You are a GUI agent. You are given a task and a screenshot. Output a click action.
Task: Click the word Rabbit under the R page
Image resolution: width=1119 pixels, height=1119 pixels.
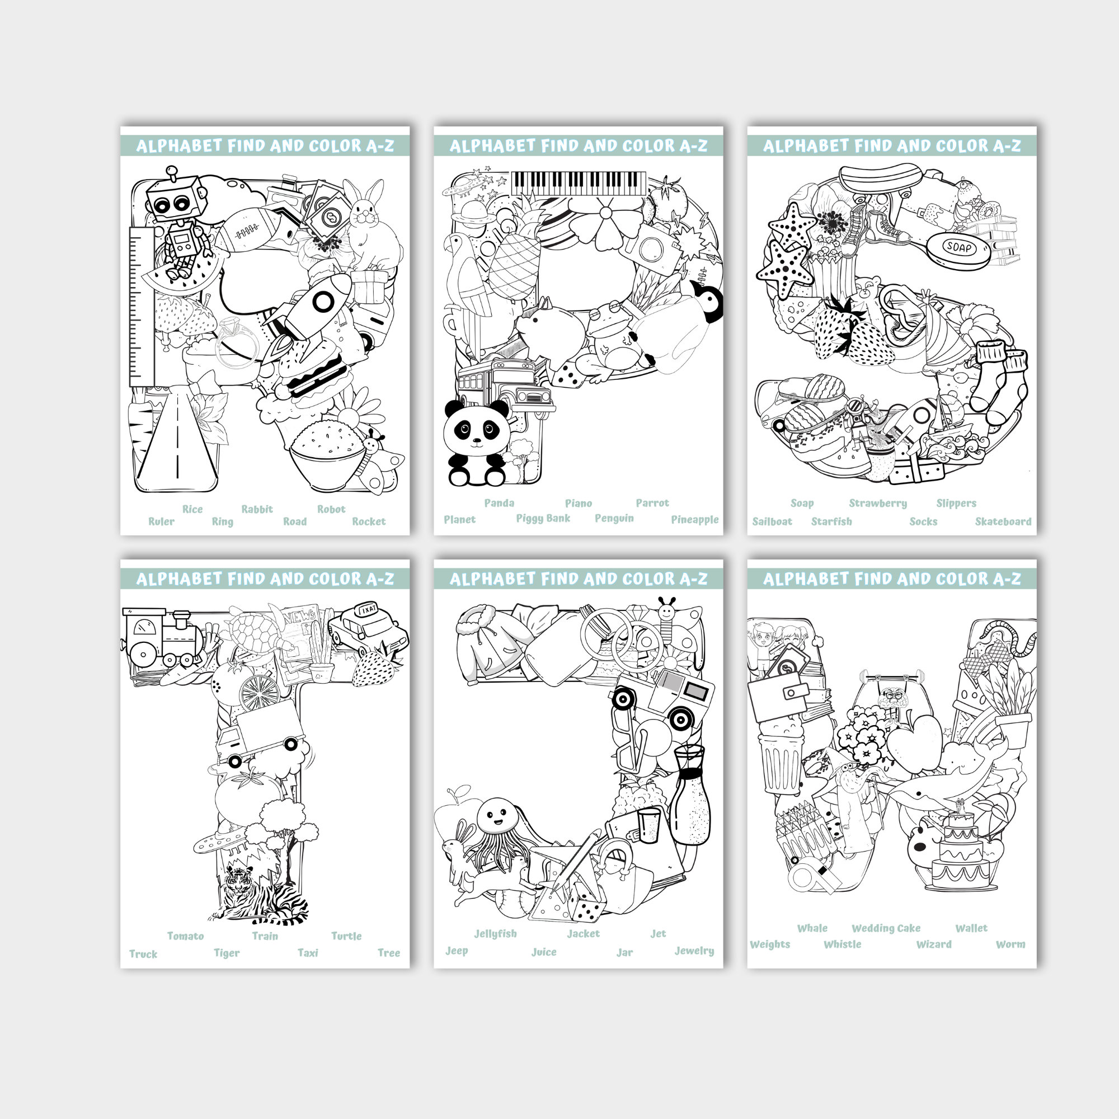point(257,509)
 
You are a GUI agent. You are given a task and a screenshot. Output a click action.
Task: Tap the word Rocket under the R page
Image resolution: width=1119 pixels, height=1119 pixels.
point(368,521)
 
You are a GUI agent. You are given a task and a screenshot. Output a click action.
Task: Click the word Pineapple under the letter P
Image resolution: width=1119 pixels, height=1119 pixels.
point(694,520)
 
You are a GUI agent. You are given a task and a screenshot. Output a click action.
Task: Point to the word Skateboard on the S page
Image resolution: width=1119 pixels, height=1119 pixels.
point(1003,521)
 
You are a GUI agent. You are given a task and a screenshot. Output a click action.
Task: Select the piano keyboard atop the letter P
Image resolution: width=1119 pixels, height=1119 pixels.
point(578,183)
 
